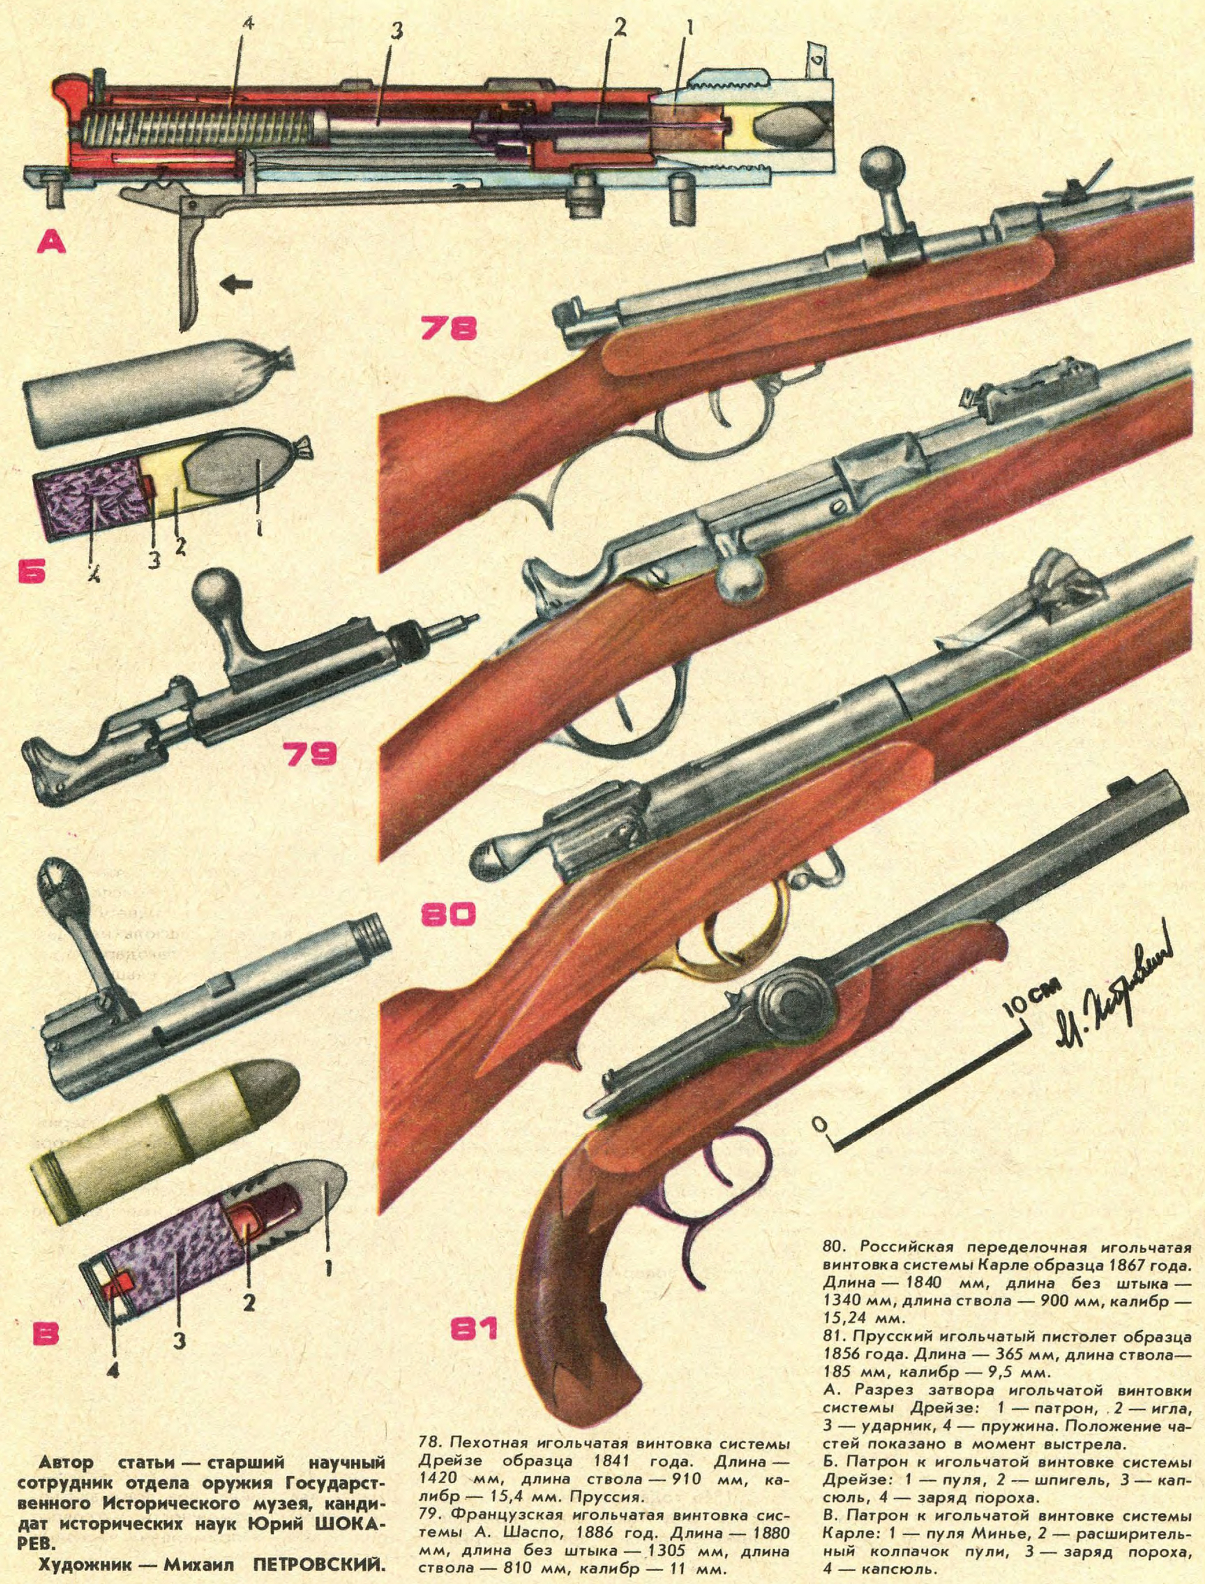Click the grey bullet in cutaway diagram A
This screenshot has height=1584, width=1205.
pyautogui.click(x=790, y=132)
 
